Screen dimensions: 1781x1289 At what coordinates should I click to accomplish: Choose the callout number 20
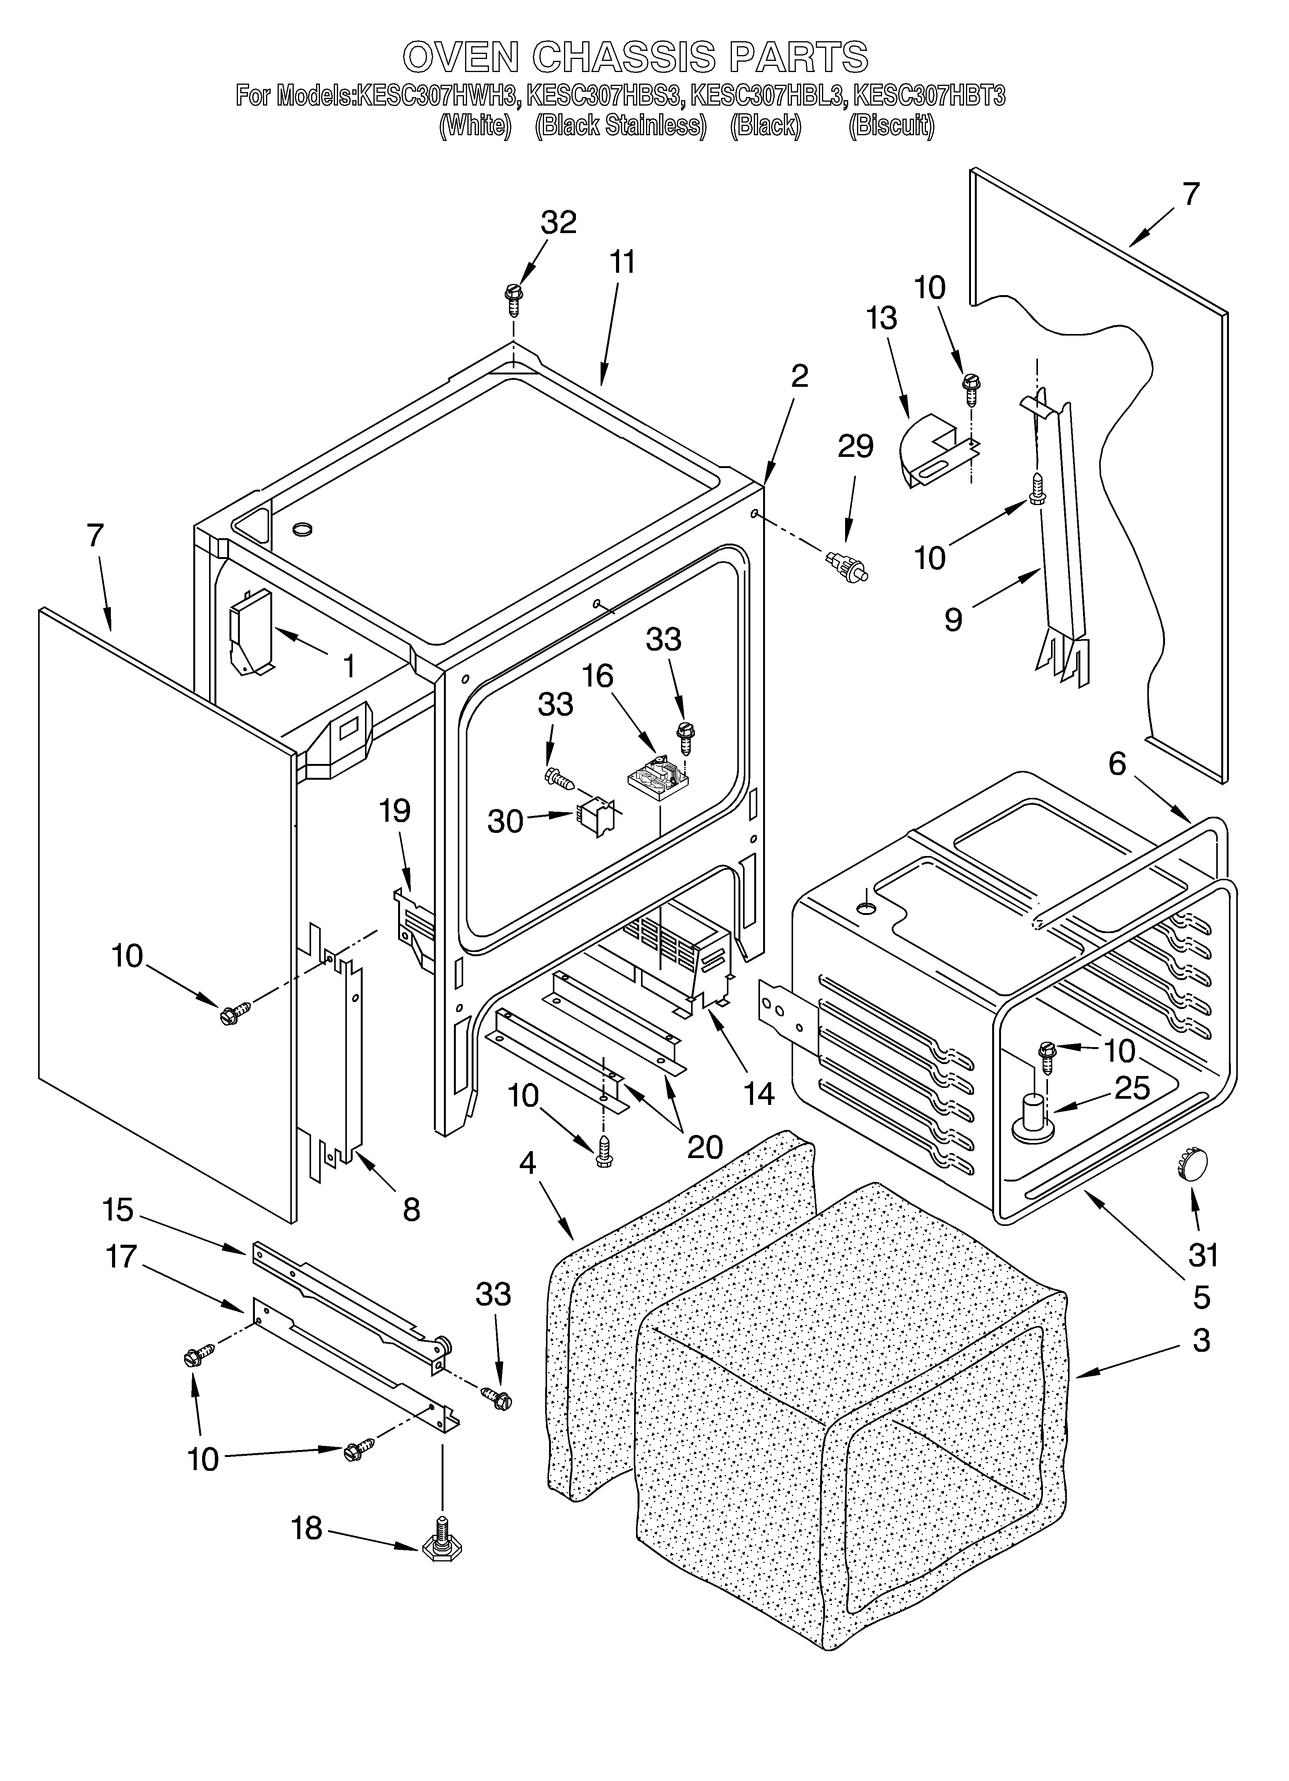click(704, 1147)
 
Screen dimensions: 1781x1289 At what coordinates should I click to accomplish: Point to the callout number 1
click(349, 667)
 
